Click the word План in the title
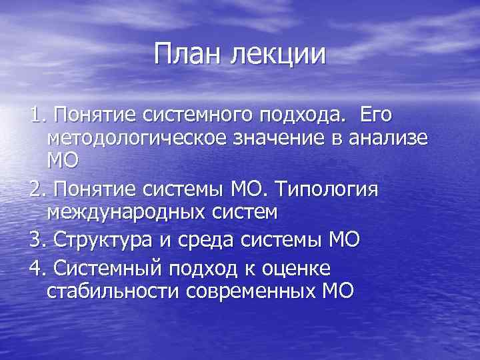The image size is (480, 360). click(x=188, y=54)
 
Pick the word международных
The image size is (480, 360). click(x=140, y=215)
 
